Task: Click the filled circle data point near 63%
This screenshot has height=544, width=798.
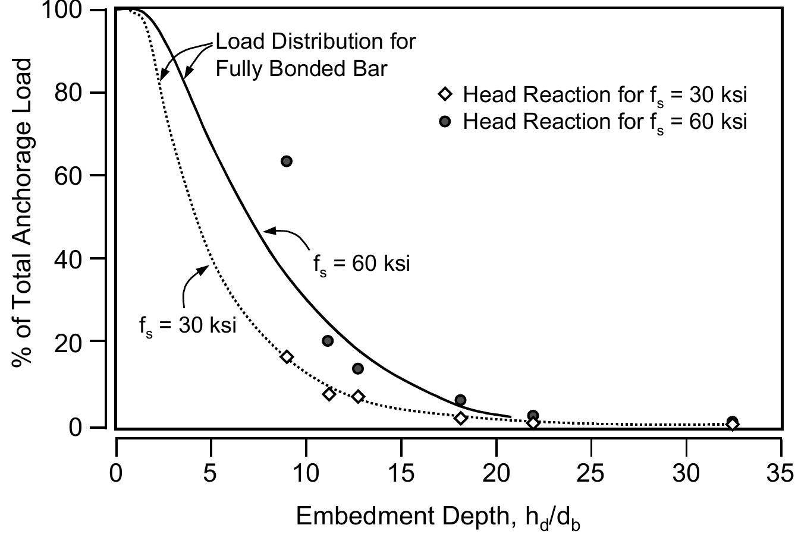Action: click(x=286, y=161)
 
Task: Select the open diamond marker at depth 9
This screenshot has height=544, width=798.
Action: click(x=287, y=357)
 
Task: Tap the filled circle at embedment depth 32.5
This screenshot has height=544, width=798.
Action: click(x=733, y=422)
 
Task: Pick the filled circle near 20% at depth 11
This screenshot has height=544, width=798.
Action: click(x=328, y=341)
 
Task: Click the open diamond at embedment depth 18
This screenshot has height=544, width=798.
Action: click(x=460, y=418)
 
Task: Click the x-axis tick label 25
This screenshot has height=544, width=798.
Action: click(x=591, y=473)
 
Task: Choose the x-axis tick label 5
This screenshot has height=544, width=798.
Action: click(x=211, y=473)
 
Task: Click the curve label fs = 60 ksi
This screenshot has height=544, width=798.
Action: click(x=362, y=263)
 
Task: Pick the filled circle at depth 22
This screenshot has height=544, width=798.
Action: click(x=533, y=416)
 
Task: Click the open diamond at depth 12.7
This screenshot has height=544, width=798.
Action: click(x=358, y=397)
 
